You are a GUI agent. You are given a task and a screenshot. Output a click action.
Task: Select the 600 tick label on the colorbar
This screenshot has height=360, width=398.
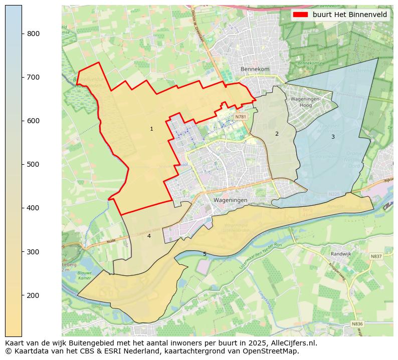(34, 121)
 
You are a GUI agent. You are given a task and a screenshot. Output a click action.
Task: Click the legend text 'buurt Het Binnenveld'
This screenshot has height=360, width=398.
(349, 15)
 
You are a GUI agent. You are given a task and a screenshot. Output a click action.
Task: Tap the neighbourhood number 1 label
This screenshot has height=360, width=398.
(151, 129)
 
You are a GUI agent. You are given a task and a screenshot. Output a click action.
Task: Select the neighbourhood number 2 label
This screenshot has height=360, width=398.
(276, 134)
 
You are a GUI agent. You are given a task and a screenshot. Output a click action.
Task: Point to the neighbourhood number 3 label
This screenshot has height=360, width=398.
(332, 137)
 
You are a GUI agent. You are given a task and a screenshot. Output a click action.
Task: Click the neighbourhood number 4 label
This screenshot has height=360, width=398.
(149, 236)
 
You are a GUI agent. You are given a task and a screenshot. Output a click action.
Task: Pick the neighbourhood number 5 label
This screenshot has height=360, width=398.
(205, 254)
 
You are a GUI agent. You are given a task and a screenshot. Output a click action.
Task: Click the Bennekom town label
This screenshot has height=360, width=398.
(255, 69)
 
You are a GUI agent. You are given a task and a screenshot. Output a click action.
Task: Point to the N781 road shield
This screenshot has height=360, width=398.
(241, 117)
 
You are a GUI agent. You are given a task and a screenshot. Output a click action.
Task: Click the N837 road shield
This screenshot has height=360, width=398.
(376, 256)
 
